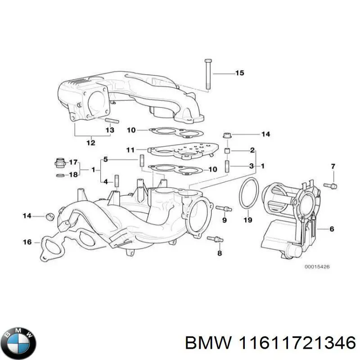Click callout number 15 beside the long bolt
tap(239, 73)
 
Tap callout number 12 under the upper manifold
tap(90, 143)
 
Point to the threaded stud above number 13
tap(111, 121)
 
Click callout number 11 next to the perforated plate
tap(130, 149)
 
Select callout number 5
tap(105, 159)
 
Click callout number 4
tap(105, 182)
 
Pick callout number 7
tap(333, 167)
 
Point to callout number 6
tap(332, 229)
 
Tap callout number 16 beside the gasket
tap(27, 242)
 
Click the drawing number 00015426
tap(317, 267)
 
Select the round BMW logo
tap(18, 337)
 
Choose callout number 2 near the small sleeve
tap(252, 150)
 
